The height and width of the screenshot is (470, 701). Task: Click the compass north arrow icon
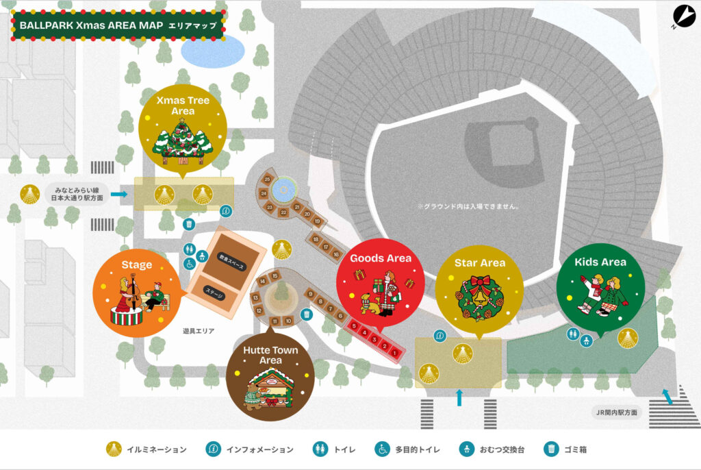click(x=684, y=16)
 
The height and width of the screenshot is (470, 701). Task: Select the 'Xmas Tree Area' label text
click(x=183, y=106)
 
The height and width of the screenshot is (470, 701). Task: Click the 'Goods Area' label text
click(x=381, y=258)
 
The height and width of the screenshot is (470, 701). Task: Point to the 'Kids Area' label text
click(x=600, y=262)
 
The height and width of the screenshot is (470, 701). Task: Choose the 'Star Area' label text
click(x=479, y=262)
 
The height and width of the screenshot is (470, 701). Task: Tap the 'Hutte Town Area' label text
click(x=271, y=355)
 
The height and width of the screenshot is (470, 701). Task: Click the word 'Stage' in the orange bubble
click(x=137, y=264)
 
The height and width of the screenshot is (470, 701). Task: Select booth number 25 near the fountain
click(x=268, y=180)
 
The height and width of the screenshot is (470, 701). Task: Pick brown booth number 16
click(x=336, y=254)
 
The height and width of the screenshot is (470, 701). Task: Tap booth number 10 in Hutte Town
click(x=289, y=320)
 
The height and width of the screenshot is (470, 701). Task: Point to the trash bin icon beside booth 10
click(x=307, y=314)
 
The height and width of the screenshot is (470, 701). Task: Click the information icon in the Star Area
click(x=440, y=336)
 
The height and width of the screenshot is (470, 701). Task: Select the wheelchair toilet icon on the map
click(x=190, y=263)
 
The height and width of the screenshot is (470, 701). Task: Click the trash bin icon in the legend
click(x=552, y=449)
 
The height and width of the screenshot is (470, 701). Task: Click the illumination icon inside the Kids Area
click(x=627, y=337)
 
